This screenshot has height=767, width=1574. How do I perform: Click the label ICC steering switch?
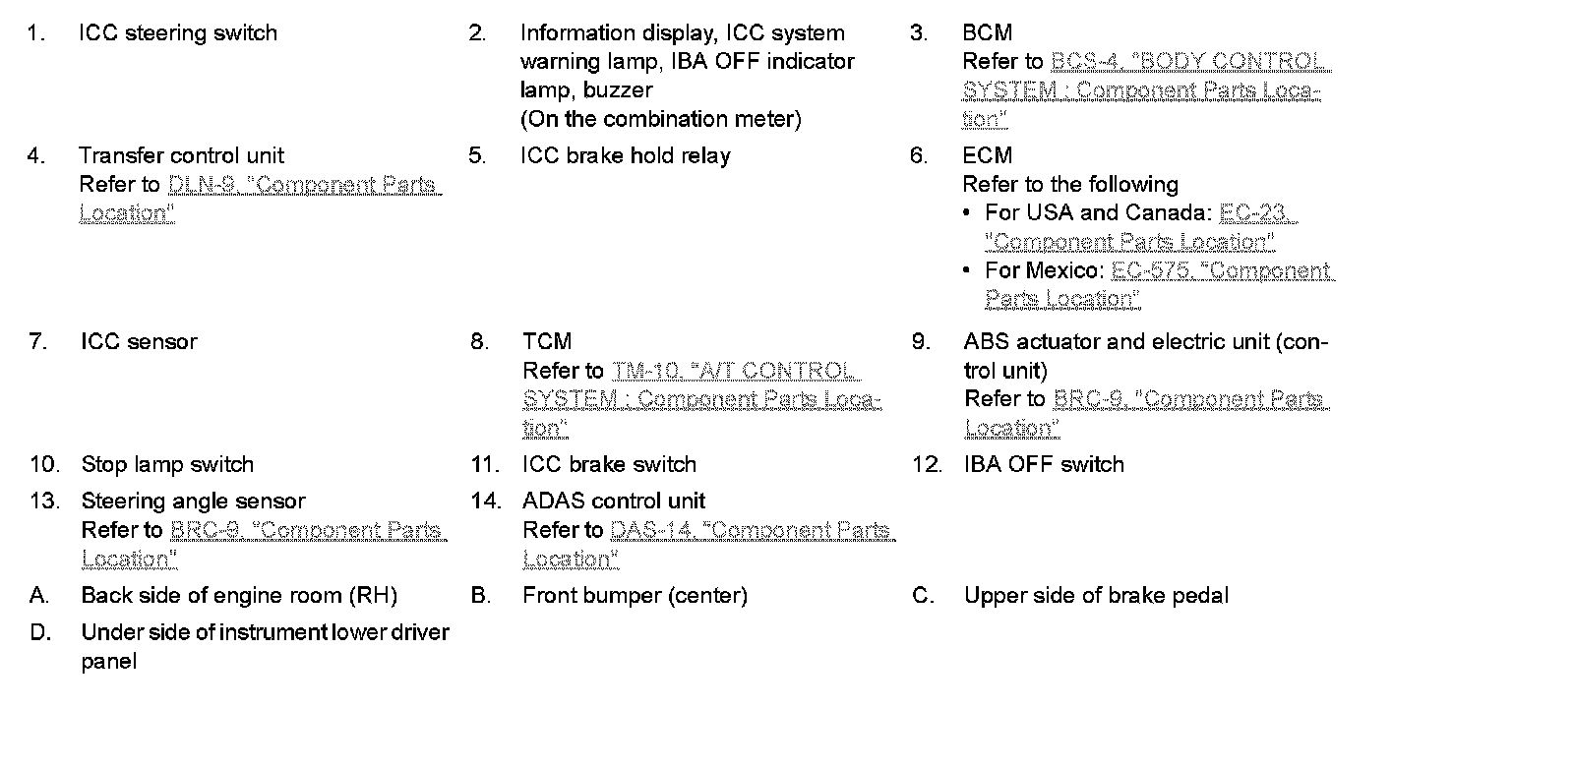coord(177,33)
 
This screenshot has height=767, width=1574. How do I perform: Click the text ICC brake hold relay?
coord(626,156)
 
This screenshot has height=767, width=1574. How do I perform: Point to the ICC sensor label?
coord(139,342)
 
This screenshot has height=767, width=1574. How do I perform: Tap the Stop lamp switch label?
coord(167,465)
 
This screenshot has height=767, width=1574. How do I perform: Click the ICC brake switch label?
coord(609,465)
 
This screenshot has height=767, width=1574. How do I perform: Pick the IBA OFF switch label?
coord(1044,465)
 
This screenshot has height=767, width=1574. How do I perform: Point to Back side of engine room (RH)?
coord(239,596)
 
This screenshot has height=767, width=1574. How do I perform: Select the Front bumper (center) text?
coord(635,596)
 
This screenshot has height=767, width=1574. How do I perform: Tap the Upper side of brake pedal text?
coord(1096,596)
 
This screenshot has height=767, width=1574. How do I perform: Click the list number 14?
coord(485,501)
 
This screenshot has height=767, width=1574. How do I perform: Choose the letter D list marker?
coord(39,632)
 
